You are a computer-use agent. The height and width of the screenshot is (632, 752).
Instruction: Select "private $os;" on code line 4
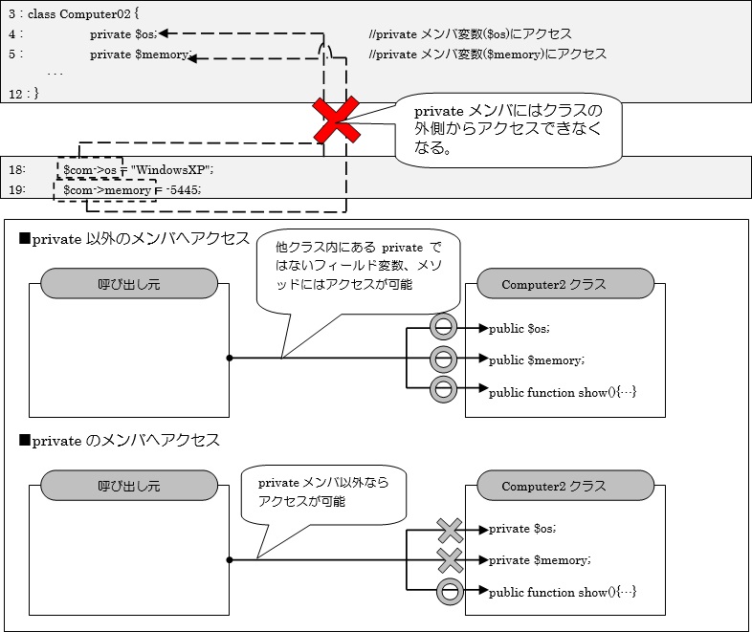124,33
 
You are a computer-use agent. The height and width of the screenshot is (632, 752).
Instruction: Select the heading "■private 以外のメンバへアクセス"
134,238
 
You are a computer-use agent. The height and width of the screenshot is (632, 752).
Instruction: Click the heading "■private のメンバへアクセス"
119,440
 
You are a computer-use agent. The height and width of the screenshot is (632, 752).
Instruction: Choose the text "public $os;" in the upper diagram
520,328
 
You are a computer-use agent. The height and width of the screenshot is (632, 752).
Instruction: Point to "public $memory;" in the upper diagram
536,360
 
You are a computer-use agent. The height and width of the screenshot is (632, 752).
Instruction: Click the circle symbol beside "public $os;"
442,328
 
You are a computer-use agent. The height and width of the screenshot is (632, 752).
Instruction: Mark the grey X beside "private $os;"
449,529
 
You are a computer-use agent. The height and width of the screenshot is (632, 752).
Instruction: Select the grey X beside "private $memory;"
449,559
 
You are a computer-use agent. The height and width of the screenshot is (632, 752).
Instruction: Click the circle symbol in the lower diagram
449,592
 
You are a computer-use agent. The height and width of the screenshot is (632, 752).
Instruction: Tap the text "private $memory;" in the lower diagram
539,559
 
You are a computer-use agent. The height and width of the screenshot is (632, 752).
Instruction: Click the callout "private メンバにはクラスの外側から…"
507,130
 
